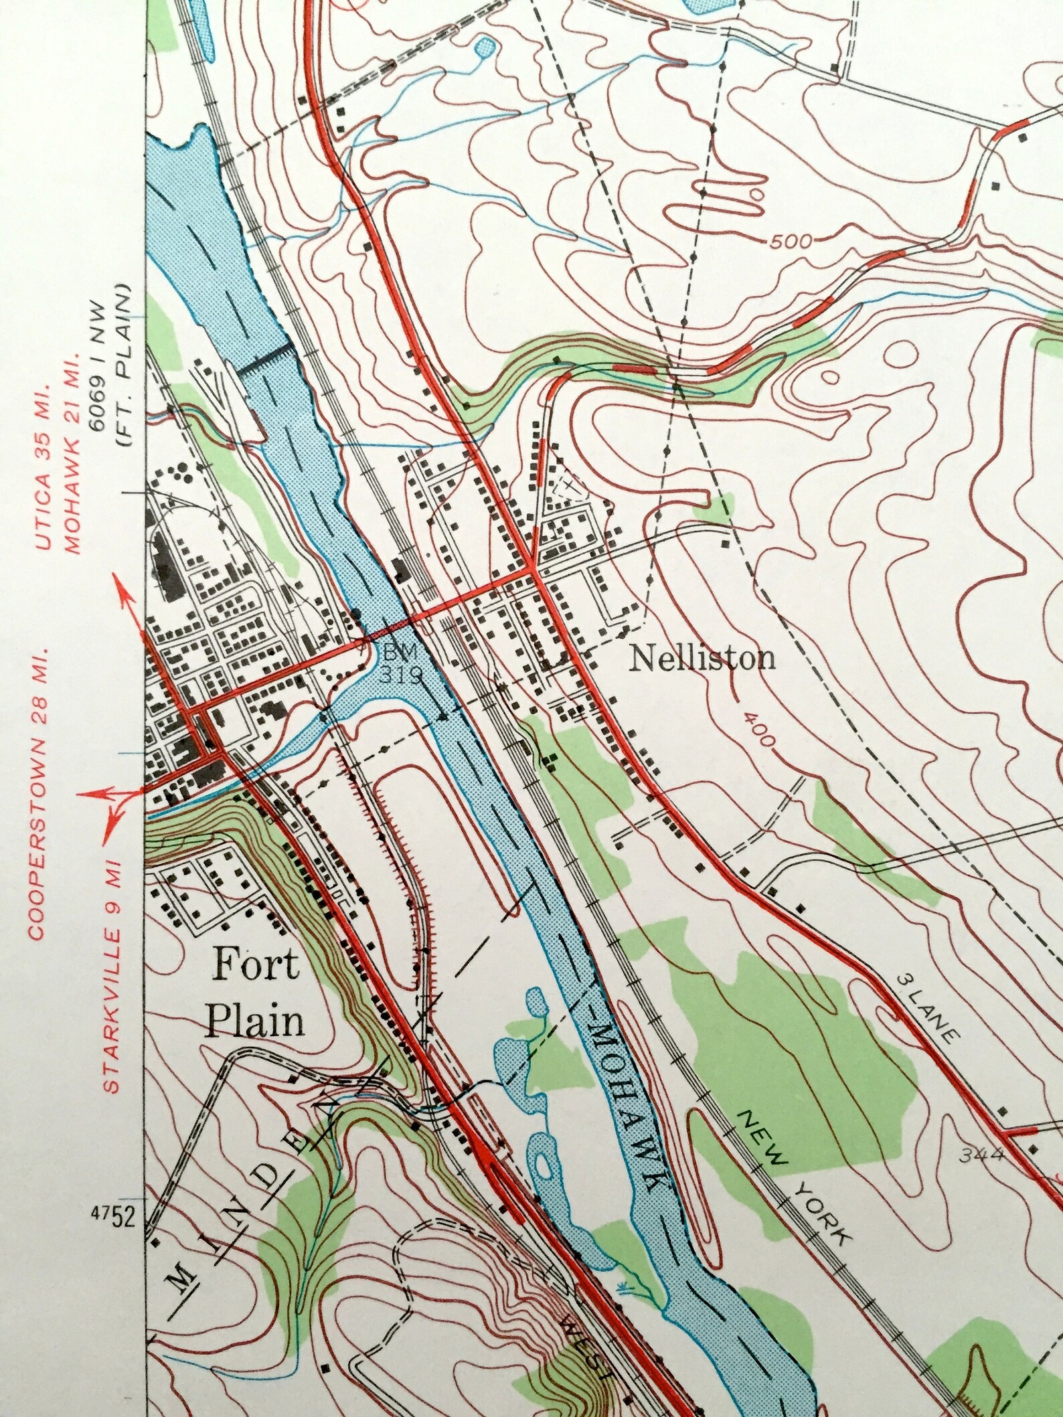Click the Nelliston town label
(702, 659)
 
